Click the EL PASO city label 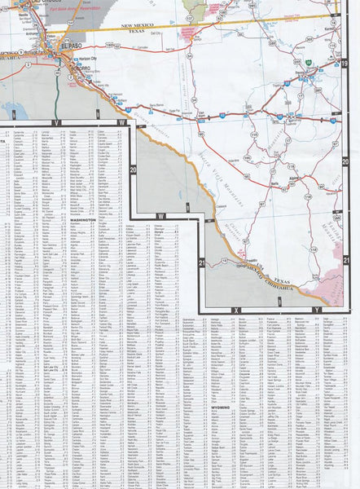(x=68, y=46)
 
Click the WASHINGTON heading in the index (x=81, y=220)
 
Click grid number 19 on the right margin (x=345, y=64)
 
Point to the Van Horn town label (x=200, y=116)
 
